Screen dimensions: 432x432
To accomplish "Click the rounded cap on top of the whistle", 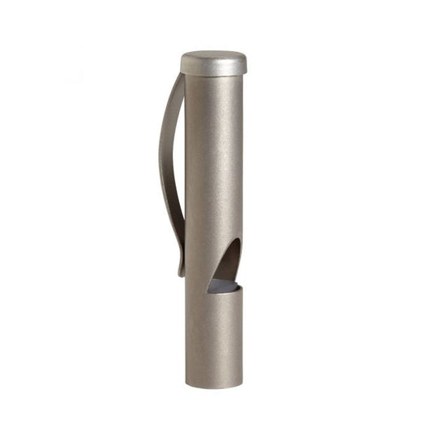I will point(213,63).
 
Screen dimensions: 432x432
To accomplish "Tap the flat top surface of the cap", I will point(213,57).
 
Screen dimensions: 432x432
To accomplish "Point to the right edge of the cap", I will point(246,64).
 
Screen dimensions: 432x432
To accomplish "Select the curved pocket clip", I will point(170,162).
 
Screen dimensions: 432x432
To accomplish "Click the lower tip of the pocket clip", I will point(181,272).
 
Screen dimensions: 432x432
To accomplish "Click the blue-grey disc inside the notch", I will point(224,285).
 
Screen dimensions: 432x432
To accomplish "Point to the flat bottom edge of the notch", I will point(223,292).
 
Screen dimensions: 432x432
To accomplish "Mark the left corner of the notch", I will point(207,289).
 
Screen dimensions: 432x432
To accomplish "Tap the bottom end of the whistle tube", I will point(213,384).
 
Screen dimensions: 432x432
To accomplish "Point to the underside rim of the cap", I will point(213,75).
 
